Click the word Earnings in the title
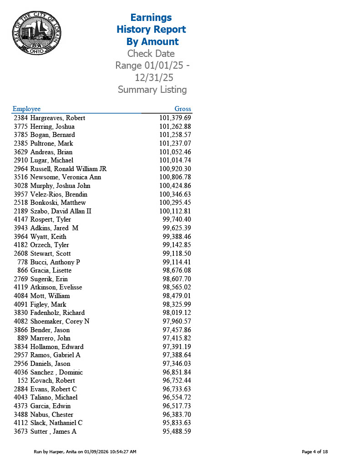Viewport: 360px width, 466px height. (151, 18)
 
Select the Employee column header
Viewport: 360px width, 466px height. (26, 109)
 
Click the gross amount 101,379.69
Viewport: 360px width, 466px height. (175, 118)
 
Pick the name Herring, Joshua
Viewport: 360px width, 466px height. (52, 127)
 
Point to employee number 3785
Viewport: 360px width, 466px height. (21, 135)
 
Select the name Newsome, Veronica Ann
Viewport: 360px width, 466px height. (66, 177)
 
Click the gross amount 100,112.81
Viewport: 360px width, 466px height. (175, 211)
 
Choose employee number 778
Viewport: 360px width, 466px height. (22, 262)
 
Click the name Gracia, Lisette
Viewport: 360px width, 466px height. (51, 270)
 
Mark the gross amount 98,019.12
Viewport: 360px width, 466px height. (177, 313)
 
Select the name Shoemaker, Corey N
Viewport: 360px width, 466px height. (60, 321)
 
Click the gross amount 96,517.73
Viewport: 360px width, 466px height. (177, 406)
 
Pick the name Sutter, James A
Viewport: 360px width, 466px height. (53, 431)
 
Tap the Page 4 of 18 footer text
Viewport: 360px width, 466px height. (314, 452)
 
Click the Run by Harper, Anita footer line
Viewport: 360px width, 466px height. (85, 452)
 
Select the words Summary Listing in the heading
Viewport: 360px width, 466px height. (152, 90)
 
